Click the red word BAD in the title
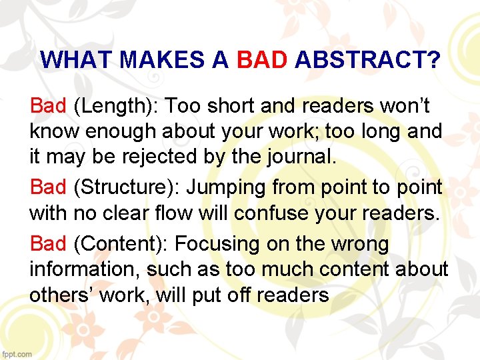(x=262, y=61)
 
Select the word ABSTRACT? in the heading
(x=367, y=61)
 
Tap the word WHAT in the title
(x=77, y=61)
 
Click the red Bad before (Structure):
(x=48, y=188)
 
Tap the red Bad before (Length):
(x=48, y=105)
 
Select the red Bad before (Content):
(x=48, y=243)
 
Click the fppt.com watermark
(x=17, y=354)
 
